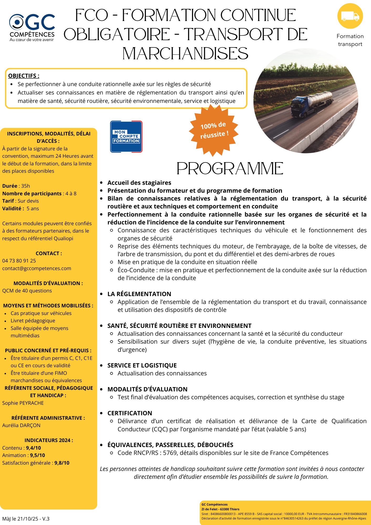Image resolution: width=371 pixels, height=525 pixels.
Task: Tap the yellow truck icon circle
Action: click(x=350, y=16)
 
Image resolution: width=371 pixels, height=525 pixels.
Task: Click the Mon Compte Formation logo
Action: click(x=126, y=136)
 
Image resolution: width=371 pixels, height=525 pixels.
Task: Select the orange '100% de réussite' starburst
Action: click(x=214, y=130)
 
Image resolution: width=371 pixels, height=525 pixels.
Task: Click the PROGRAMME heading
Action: click(x=230, y=169)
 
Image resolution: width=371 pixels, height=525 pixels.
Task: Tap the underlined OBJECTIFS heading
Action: click(x=24, y=76)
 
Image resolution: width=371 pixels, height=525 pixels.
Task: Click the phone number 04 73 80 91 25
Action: click(x=19, y=261)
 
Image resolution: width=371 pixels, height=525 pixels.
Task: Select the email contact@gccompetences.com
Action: click(x=37, y=268)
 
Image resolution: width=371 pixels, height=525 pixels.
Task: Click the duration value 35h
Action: click(x=25, y=186)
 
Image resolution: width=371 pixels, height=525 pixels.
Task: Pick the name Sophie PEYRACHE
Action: click(x=23, y=403)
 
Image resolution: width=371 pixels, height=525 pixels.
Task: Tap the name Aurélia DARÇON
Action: click(x=21, y=425)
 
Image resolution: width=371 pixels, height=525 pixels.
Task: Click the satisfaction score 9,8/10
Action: click(x=62, y=463)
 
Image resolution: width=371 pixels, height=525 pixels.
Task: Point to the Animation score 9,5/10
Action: click(x=38, y=455)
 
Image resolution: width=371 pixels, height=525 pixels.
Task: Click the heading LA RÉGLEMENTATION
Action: click(x=139, y=294)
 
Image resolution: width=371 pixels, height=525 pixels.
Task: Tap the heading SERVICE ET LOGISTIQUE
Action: click(x=142, y=365)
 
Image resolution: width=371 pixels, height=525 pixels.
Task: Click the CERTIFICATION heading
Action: click(x=130, y=413)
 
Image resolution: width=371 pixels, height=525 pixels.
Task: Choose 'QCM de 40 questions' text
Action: click(x=27, y=291)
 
